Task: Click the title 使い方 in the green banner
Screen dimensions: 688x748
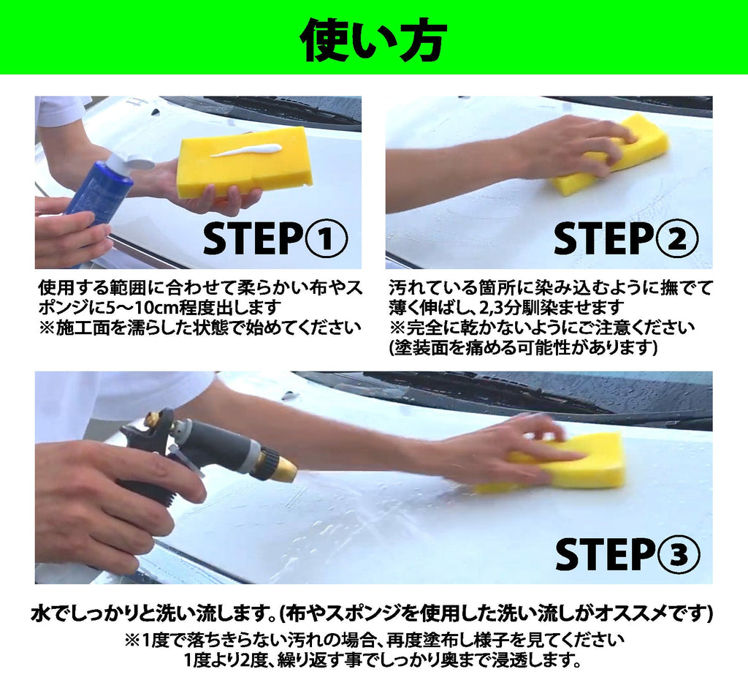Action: click(373, 39)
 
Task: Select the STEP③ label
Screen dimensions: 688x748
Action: click(627, 555)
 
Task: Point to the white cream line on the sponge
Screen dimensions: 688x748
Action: click(246, 151)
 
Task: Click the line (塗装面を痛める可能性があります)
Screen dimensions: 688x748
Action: click(523, 347)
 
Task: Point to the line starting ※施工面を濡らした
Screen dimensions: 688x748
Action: click(200, 327)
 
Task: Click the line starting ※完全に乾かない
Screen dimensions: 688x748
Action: click(541, 327)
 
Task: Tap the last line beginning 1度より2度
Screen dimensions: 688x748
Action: click(383, 661)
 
